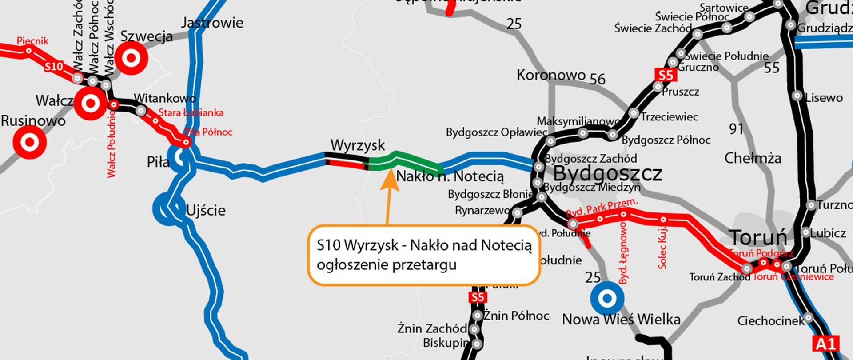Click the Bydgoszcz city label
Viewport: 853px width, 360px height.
click(607, 173)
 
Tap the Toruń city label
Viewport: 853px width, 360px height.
click(757, 238)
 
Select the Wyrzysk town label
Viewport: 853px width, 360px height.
click(358, 145)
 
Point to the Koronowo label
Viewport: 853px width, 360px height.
click(550, 75)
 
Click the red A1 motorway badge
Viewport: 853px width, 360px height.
click(826, 344)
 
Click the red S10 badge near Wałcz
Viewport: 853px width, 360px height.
click(54, 67)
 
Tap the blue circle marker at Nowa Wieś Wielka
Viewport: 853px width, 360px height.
click(607, 298)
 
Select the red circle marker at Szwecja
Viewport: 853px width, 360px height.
click(131, 58)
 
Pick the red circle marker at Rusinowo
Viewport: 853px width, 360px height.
click(29, 142)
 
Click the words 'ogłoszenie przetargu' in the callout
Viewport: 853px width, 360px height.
click(387, 265)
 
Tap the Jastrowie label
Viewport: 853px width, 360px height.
click(212, 23)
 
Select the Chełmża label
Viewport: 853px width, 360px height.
click(753, 158)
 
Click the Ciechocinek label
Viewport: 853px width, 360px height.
click(770, 320)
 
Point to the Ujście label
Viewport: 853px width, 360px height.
click(206, 210)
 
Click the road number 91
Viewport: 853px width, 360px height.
click(736, 129)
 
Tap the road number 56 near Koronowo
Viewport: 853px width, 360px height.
click(597, 79)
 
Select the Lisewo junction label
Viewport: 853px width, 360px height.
click(824, 98)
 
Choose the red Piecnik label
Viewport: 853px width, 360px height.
click(32, 41)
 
